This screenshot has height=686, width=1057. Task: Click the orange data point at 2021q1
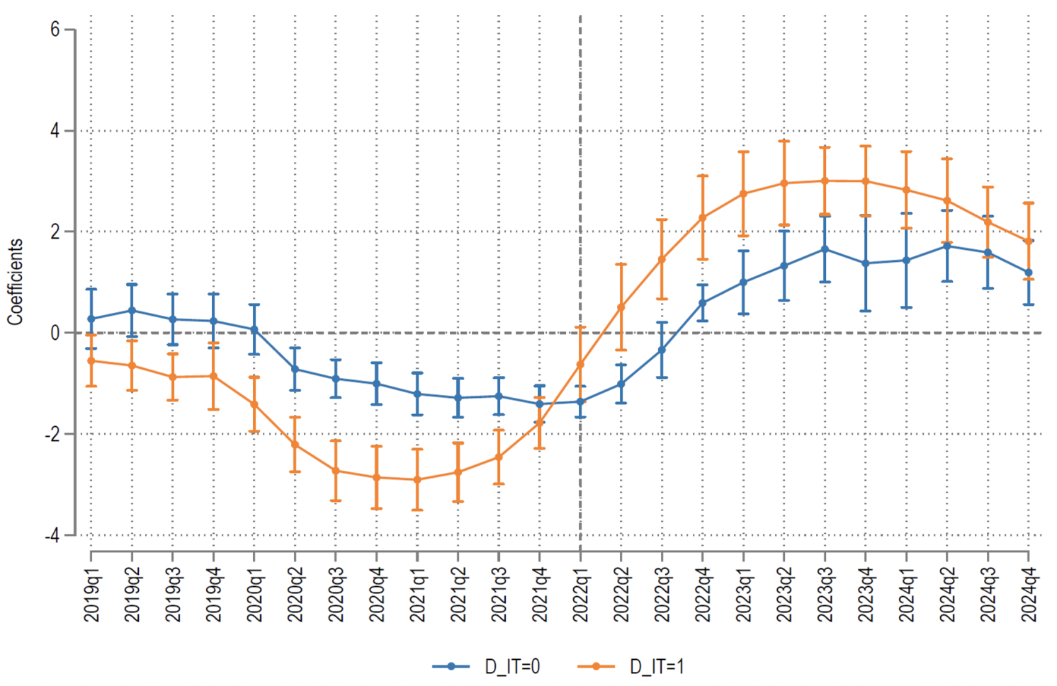tap(417, 479)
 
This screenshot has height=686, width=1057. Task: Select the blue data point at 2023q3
tap(825, 249)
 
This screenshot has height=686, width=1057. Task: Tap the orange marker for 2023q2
tap(784, 183)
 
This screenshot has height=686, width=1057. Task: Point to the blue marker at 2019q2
tap(132, 310)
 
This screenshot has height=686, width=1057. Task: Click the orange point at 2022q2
tap(621, 307)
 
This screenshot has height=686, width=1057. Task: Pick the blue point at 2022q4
tap(703, 303)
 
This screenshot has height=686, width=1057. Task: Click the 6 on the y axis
tap(55, 30)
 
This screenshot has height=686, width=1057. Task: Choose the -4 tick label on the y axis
tap(51, 536)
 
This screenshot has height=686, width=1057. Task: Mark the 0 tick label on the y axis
tap(55, 333)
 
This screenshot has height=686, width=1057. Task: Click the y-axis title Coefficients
tap(16, 282)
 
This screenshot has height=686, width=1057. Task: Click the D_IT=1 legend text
tap(656, 666)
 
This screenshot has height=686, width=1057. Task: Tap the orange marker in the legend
tap(596, 666)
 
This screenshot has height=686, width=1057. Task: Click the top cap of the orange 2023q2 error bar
tap(784, 141)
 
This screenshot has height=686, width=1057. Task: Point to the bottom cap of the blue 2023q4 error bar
tap(866, 311)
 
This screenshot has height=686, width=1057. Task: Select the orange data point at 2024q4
tap(1029, 241)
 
